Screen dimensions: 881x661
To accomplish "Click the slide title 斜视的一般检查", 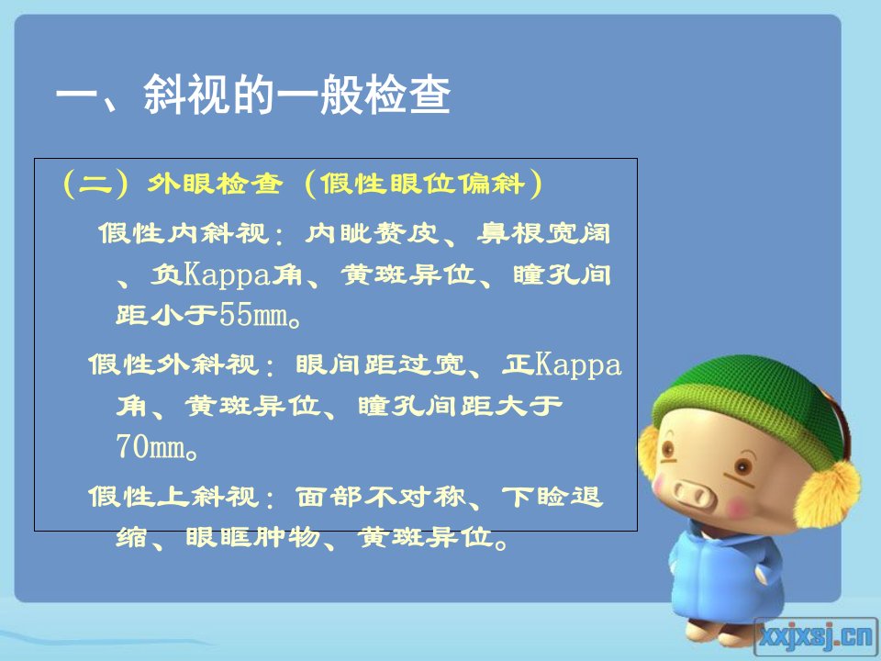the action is coord(296,95).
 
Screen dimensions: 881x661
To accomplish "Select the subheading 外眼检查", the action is coord(215,184).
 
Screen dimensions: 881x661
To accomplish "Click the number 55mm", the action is coord(254,314).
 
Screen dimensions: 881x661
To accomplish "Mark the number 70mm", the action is coord(151,446).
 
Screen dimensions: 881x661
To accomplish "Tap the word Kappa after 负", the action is coord(228,275).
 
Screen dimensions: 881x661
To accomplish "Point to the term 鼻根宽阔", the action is coord(544,232).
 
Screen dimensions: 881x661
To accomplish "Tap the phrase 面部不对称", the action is coord(380,496).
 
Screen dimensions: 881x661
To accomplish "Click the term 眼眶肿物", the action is coord(253,537).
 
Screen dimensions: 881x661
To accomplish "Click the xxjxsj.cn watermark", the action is coord(816,636).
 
